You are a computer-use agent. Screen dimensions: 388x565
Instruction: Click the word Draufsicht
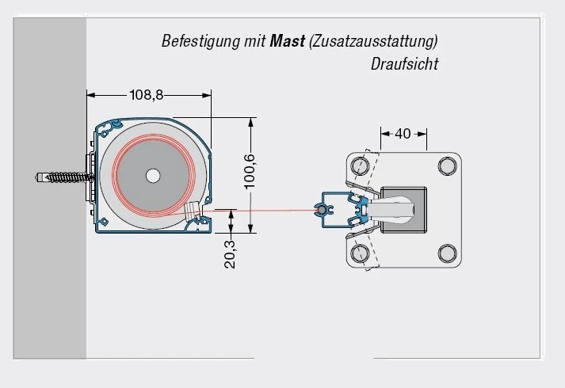click(404, 64)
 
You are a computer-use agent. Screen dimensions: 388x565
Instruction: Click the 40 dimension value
click(403, 134)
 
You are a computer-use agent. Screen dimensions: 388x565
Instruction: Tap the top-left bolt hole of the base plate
click(361, 166)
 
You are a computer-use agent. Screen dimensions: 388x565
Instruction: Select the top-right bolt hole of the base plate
click(448, 166)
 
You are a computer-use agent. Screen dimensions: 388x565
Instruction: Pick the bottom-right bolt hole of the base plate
click(448, 253)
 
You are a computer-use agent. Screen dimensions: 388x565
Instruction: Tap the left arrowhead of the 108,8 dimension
click(90, 95)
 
